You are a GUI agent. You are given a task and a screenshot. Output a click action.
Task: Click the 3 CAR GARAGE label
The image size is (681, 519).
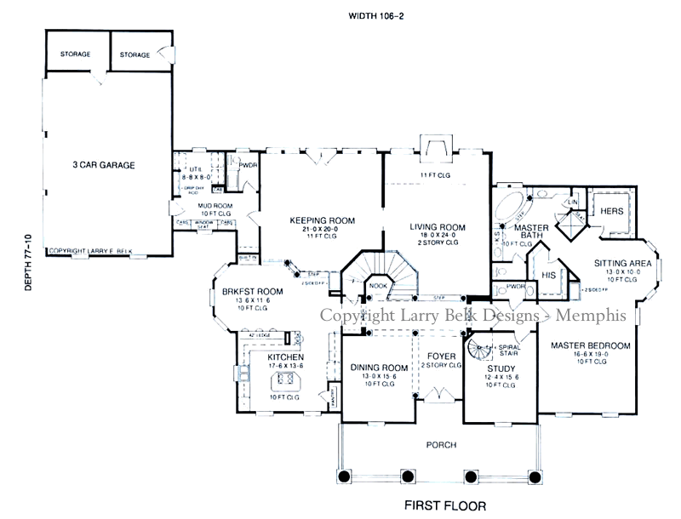click(104, 165)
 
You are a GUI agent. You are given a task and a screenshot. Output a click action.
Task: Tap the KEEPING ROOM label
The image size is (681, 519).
click(322, 220)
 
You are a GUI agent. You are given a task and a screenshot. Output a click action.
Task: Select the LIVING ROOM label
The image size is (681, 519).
click(438, 227)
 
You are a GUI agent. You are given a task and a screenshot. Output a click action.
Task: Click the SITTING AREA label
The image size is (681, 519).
click(622, 264)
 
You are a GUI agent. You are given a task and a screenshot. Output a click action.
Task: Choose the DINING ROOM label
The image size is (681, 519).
click(379, 368)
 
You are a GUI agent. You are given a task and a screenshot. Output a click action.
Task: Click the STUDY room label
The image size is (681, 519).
click(499, 369)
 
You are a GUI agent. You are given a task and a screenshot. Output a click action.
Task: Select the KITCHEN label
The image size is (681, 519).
click(285, 357)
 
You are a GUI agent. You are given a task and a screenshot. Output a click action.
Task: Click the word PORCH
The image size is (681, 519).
click(440, 445)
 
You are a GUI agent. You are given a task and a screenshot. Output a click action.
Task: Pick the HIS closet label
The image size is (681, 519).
click(549, 274)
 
